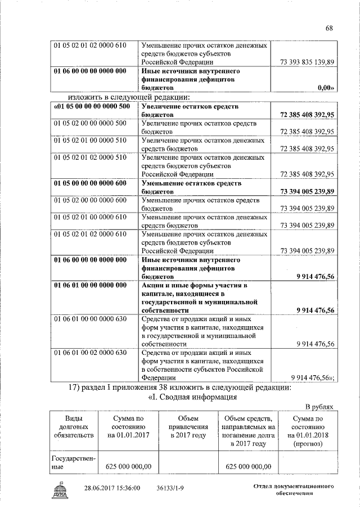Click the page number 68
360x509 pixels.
point(330,29)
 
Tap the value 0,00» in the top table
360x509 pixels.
point(326,88)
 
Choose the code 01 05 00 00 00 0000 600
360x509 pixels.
point(90,183)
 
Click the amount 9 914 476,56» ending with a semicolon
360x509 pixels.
point(313,378)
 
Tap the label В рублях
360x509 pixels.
point(320,407)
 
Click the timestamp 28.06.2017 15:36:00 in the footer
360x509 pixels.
point(112,488)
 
